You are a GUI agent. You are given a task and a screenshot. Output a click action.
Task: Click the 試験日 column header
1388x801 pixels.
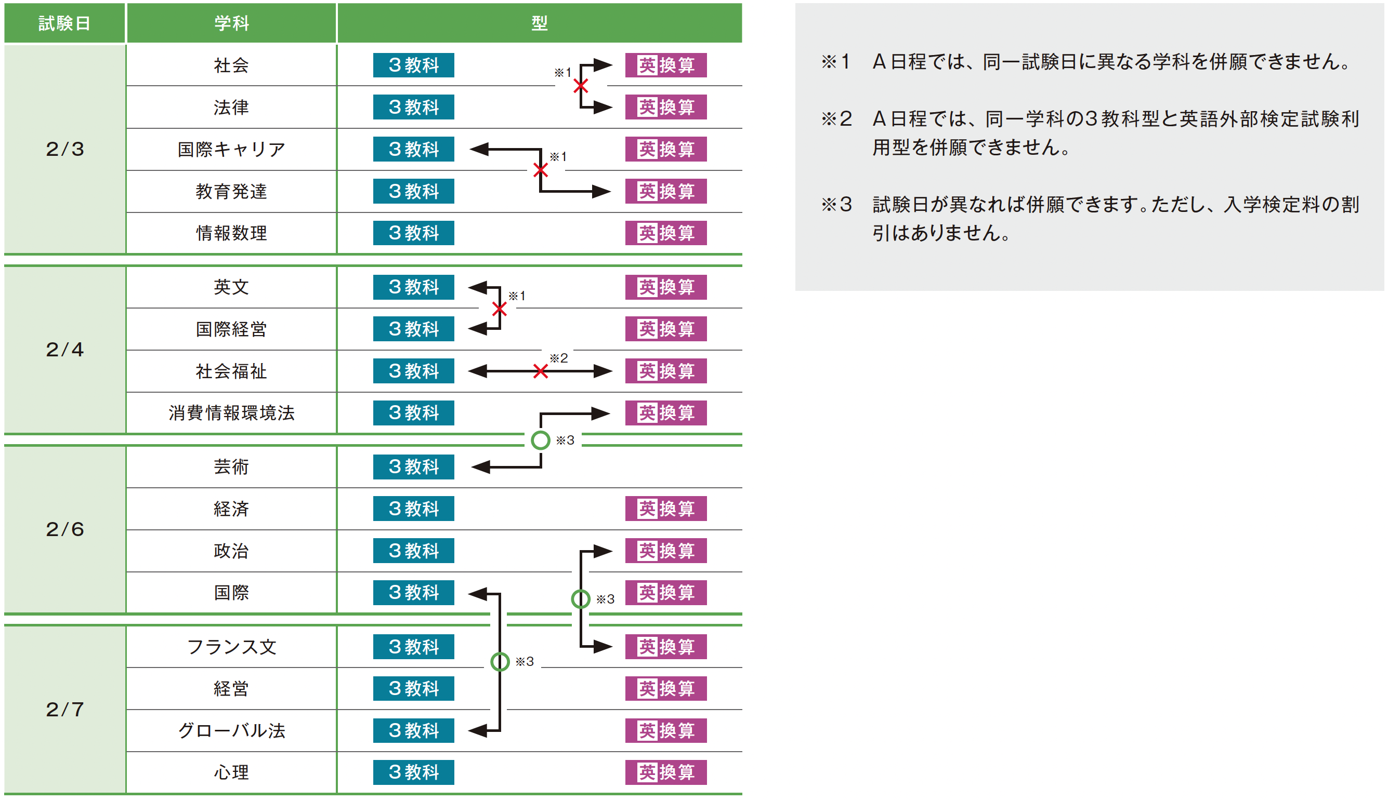[x=64, y=23]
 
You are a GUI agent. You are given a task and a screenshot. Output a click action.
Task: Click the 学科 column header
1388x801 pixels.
[x=231, y=23]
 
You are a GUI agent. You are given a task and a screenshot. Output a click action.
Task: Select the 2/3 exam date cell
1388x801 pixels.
[x=65, y=149]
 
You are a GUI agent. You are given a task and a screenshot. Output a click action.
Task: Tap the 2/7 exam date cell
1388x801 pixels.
[x=65, y=709]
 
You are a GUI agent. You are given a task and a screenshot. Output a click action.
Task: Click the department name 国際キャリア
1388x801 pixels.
[x=231, y=149]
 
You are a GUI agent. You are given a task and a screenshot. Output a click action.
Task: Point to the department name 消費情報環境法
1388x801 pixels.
[x=231, y=412]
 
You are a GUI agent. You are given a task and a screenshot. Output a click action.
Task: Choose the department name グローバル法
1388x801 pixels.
[x=231, y=730]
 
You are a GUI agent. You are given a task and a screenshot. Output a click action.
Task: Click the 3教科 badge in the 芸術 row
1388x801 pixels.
[x=413, y=466]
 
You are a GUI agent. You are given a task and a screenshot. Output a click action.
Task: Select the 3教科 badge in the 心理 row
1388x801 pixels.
[x=413, y=772]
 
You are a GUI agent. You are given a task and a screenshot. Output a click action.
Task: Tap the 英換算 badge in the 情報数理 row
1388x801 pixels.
[x=665, y=233]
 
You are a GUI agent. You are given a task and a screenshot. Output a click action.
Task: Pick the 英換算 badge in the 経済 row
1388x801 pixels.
[x=665, y=509]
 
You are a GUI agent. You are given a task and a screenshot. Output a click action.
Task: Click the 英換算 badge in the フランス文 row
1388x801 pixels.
[x=665, y=647]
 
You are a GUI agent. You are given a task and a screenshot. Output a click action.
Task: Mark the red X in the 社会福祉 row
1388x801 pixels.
[x=541, y=371]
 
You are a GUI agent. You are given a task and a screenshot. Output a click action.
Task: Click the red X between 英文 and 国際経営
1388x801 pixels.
[x=500, y=309]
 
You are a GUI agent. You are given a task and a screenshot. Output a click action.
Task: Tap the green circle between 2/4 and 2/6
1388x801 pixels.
[x=541, y=440]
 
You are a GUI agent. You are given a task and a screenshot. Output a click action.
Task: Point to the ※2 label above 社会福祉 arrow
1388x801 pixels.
[x=559, y=358]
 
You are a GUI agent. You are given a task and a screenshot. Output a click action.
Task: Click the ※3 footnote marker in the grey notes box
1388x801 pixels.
[x=836, y=205]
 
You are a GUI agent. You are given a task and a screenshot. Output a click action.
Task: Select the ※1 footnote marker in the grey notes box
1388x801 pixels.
[x=835, y=62]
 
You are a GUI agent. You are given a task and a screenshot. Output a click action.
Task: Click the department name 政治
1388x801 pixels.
[x=231, y=551]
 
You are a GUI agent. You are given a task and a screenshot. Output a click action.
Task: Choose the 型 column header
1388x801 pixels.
[x=540, y=23]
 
